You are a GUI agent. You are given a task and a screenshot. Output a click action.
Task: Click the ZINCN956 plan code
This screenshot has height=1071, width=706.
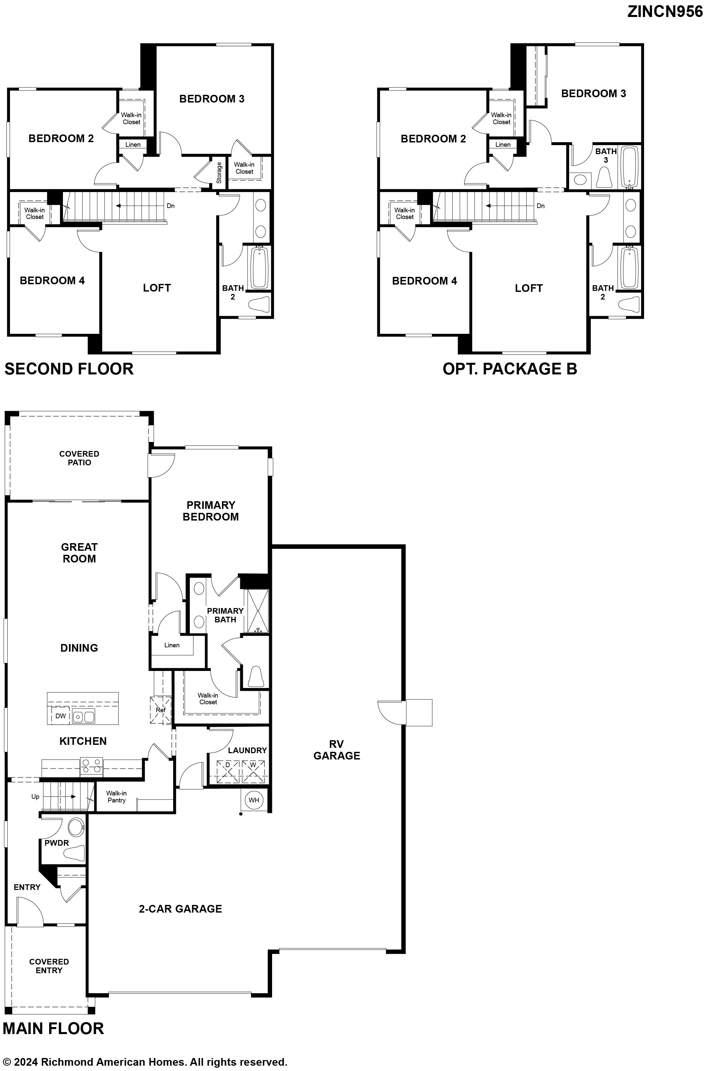665,12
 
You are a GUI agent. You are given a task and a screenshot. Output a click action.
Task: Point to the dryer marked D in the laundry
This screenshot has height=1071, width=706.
228,772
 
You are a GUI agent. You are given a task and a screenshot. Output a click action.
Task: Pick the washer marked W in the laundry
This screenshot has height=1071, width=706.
253,772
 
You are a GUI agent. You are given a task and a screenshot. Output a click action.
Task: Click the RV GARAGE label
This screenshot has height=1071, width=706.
337,750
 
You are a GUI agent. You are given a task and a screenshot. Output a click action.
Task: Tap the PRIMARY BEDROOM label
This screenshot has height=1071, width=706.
211,511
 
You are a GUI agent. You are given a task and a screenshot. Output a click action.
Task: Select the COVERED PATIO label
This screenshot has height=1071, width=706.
79,458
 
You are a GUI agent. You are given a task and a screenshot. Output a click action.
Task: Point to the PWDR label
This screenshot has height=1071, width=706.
57,842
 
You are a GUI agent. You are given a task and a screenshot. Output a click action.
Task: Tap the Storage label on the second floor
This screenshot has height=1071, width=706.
219,173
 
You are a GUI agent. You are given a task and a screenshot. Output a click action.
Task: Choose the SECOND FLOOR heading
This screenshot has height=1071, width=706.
69,369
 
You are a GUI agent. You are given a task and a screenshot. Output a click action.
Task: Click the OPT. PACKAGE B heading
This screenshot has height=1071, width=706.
510,369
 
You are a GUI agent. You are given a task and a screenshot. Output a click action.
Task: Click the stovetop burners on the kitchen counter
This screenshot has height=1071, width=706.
91,767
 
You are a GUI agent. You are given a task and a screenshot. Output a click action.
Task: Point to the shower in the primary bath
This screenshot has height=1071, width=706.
256,611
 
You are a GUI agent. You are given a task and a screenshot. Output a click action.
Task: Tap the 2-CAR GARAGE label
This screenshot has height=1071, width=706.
180,909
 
